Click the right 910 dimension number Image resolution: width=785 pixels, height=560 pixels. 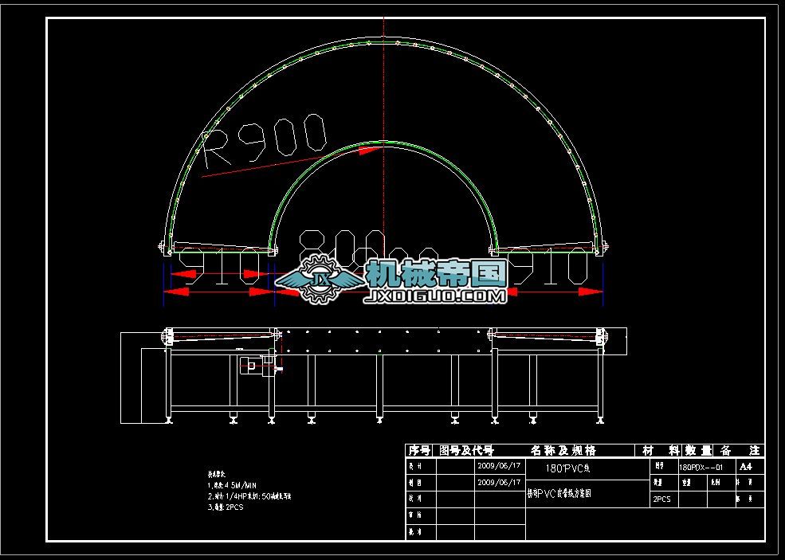click(x=558, y=268)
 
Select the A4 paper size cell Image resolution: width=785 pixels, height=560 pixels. click(x=746, y=466)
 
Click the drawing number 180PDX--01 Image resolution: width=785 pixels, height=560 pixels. click(x=701, y=467)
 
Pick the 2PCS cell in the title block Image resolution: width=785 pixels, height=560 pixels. click(x=662, y=499)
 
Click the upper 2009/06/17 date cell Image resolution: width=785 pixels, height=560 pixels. click(x=499, y=465)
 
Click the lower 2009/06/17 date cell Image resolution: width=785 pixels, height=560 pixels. click(x=499, y=482)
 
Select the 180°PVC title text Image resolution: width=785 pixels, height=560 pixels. click(x=567, y=468)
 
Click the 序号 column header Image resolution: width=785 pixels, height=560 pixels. click(x=419, y=451)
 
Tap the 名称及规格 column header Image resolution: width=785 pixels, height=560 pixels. click(x=563, y=451)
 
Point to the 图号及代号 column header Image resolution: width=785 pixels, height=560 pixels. click(x=467, y=451)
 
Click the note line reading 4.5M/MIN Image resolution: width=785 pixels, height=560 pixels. click(x=232, y=484)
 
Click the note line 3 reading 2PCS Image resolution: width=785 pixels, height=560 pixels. click(x=226, y=507)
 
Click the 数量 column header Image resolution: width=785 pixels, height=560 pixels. click(x=699, y=451)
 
